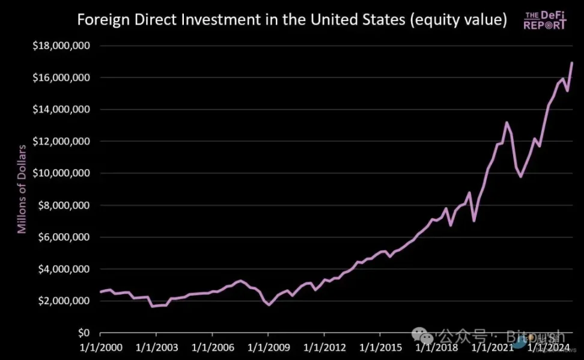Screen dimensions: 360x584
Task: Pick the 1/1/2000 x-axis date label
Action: [100, 347]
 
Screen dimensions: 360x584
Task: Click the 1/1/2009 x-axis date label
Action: [268, 347]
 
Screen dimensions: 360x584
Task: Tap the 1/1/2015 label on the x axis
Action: [380, 347]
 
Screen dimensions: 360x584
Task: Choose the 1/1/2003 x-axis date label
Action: [156, 347]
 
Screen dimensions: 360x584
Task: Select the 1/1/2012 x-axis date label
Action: [324, 347]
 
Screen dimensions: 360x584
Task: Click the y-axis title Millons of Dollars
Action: [22, 189]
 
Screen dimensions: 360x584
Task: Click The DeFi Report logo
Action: [545, 20]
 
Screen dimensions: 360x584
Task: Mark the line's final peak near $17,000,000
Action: [572, 63]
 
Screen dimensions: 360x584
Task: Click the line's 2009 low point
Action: [269, 305]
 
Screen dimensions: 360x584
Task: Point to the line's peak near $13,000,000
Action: [506, 123]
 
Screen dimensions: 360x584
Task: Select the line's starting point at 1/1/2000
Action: [100, 292]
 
